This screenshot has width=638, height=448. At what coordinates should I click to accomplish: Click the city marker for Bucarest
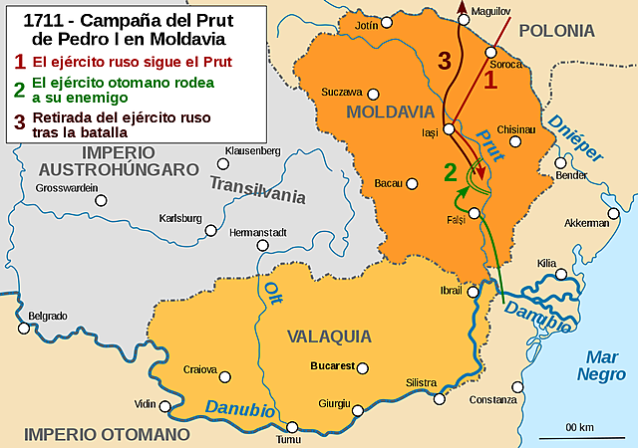coord(362,368)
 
